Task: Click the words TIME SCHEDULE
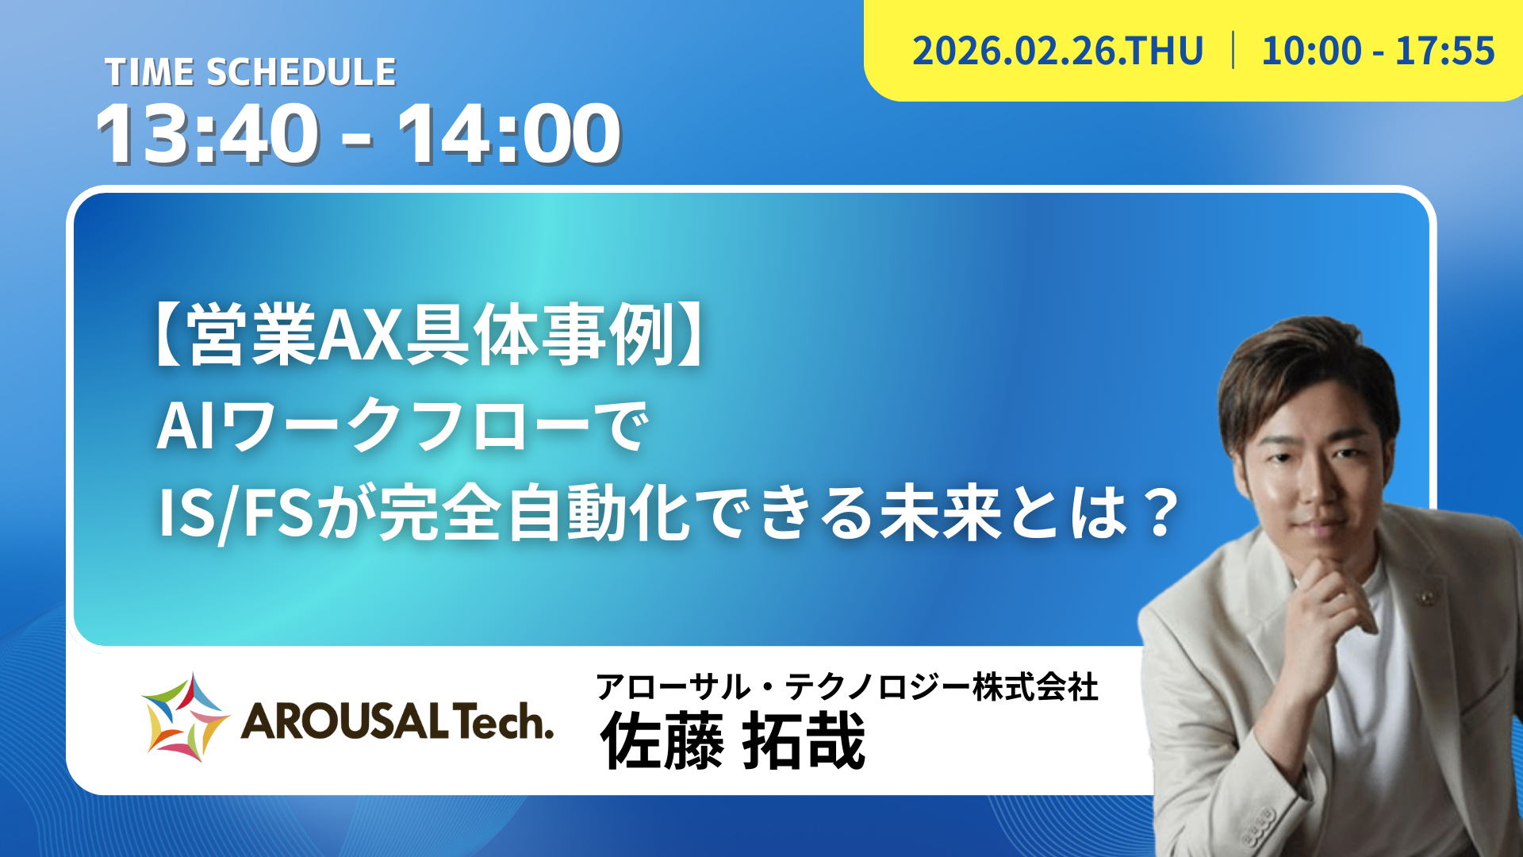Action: tap(251, 72)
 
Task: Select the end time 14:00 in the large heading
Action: tap(510, 134)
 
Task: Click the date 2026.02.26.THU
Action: tap(1057, 51)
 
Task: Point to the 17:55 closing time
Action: tap(1444, 51)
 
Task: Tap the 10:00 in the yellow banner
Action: tap(1311, 51)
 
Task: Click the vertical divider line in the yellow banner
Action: tap(1233, 50)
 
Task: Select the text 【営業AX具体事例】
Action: tap(428, 336)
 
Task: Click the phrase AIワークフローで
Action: tap(403, 427)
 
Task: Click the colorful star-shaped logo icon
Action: tap(185, 718)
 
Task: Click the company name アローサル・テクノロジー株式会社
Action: tap(846, 686)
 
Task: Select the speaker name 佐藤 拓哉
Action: tap(733, 741)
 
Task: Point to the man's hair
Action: tap(1301, 365)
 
